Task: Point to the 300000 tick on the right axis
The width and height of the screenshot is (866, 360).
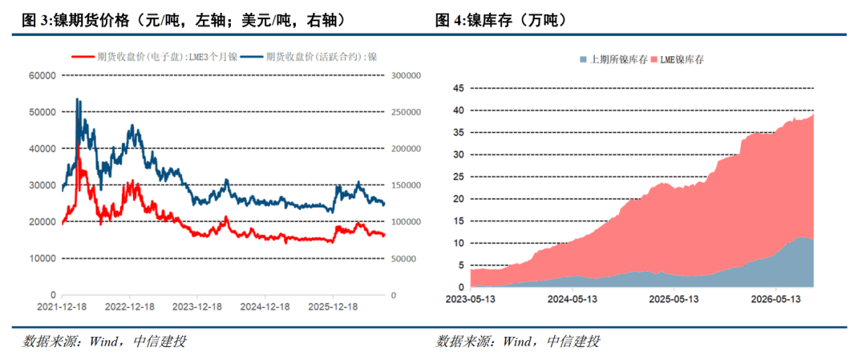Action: [x=407, y=75]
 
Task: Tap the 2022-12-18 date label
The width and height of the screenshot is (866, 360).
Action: [x=130, y=306]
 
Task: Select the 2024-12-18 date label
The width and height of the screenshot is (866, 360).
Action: [x=265, y=306]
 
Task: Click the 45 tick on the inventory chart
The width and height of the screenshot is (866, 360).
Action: [x=458, y=88]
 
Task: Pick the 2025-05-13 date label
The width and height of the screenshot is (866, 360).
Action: [x=674, y=298]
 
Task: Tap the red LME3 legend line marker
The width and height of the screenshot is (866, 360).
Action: [x=83, y=56]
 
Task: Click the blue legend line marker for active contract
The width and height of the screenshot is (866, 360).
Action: [x=253, y=56]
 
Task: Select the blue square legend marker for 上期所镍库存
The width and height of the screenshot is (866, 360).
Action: [x=584, y=59]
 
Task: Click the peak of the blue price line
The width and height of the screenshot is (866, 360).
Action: [x=77, y=99]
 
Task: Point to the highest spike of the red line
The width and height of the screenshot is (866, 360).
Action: [x=78, y=146]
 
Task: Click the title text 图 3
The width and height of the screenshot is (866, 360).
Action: [x=35, y=21]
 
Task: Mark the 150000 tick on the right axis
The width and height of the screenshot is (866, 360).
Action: [x=407, y=185]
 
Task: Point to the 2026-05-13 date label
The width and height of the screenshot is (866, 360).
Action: [x=775, y=298]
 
